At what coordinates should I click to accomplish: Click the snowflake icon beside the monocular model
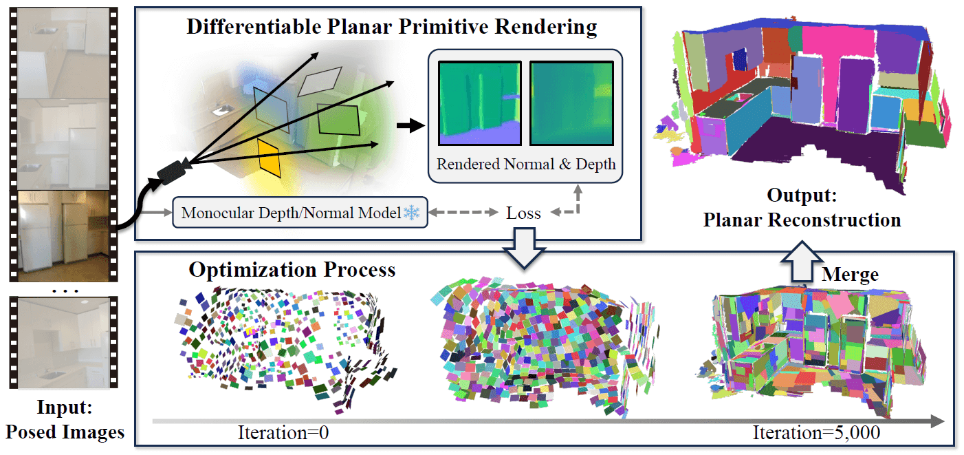[x=412, y=213]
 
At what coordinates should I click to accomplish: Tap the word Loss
[x=523, y=213]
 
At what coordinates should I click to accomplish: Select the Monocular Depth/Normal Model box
[x=300, y=213]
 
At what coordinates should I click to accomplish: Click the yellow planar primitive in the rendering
[x=269, y=158]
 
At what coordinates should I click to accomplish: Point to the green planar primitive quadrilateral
[x=338, y=119]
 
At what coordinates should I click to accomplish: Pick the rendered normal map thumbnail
[x=480, y=103]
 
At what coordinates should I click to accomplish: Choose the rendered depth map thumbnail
[x=571, y=103]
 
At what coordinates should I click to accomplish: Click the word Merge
[x=850, y=275]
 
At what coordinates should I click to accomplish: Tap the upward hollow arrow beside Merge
[x=801, y=262]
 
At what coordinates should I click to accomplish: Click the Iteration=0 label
[x=283, y=432]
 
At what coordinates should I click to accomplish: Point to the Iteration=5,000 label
[x=816, y=432]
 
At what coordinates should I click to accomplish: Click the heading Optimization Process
[x=292, y=270]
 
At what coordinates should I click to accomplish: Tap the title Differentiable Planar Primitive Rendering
[x=392, y=27]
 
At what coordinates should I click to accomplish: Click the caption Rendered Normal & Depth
[x=526, y=164]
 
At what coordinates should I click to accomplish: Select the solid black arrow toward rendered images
[x=410, y=126]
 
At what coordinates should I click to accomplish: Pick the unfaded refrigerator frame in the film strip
[x=63, y=235]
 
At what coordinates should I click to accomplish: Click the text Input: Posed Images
[x=65, y=419]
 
